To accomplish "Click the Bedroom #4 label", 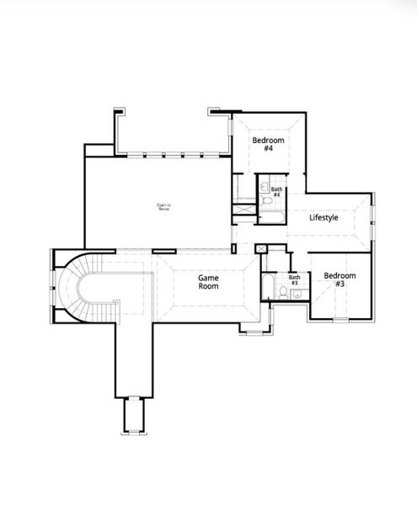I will coord(268,143).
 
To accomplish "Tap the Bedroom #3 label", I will coord(339,279).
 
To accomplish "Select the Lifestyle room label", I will coord(323,218).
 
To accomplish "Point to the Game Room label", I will coord(209,281).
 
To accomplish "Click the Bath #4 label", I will coord(276,192).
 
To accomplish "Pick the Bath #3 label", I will coord(294,279).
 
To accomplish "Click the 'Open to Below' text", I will coord(163,206).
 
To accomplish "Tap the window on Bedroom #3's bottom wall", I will coord(340,319).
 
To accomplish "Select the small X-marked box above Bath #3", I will coord(261,248).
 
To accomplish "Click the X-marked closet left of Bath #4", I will coord(244,203).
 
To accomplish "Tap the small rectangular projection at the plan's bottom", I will coord(133,415).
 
